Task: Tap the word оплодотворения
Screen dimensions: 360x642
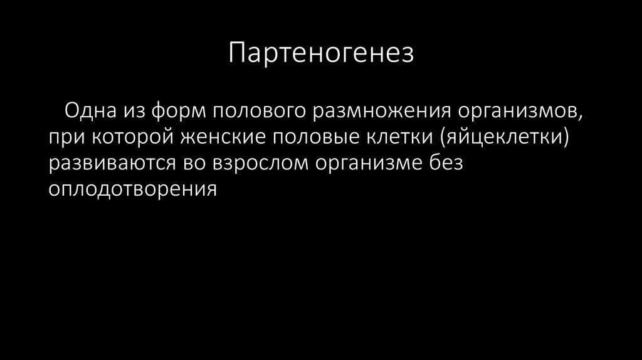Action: [x=134, y=189]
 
